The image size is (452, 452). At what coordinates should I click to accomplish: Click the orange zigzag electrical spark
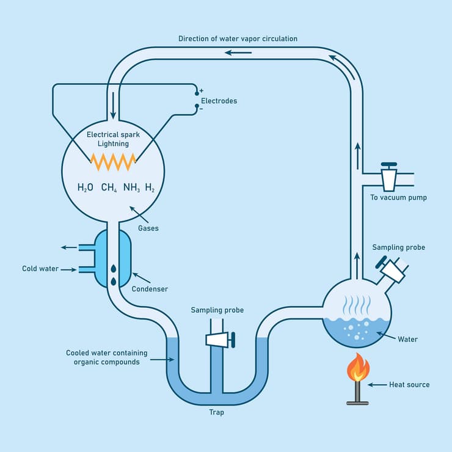(113, 162)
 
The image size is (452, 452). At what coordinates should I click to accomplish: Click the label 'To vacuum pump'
(398, 197)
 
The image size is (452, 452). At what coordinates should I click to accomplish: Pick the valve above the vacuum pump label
(388, 177)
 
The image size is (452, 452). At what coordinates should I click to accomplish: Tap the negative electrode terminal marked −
(197, 108)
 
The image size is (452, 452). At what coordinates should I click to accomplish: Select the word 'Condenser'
(150, 289)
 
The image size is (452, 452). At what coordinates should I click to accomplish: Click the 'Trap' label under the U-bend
(216, 412)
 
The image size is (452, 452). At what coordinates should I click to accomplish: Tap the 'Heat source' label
(409, 385)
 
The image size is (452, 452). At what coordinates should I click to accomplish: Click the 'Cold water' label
(40, 269)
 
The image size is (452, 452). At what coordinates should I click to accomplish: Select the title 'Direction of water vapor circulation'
(238, 38)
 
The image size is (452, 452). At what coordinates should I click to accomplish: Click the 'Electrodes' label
(219, 101)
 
